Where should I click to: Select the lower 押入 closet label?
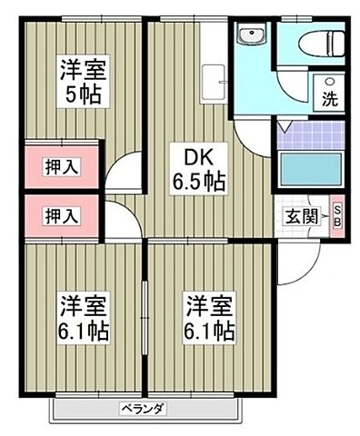pyautogui.click(x=62, y=215)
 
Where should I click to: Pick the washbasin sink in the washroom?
pyautogui.click(x=250, y=37)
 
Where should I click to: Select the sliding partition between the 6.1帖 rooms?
pyautogui.click(x=145, y=318)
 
